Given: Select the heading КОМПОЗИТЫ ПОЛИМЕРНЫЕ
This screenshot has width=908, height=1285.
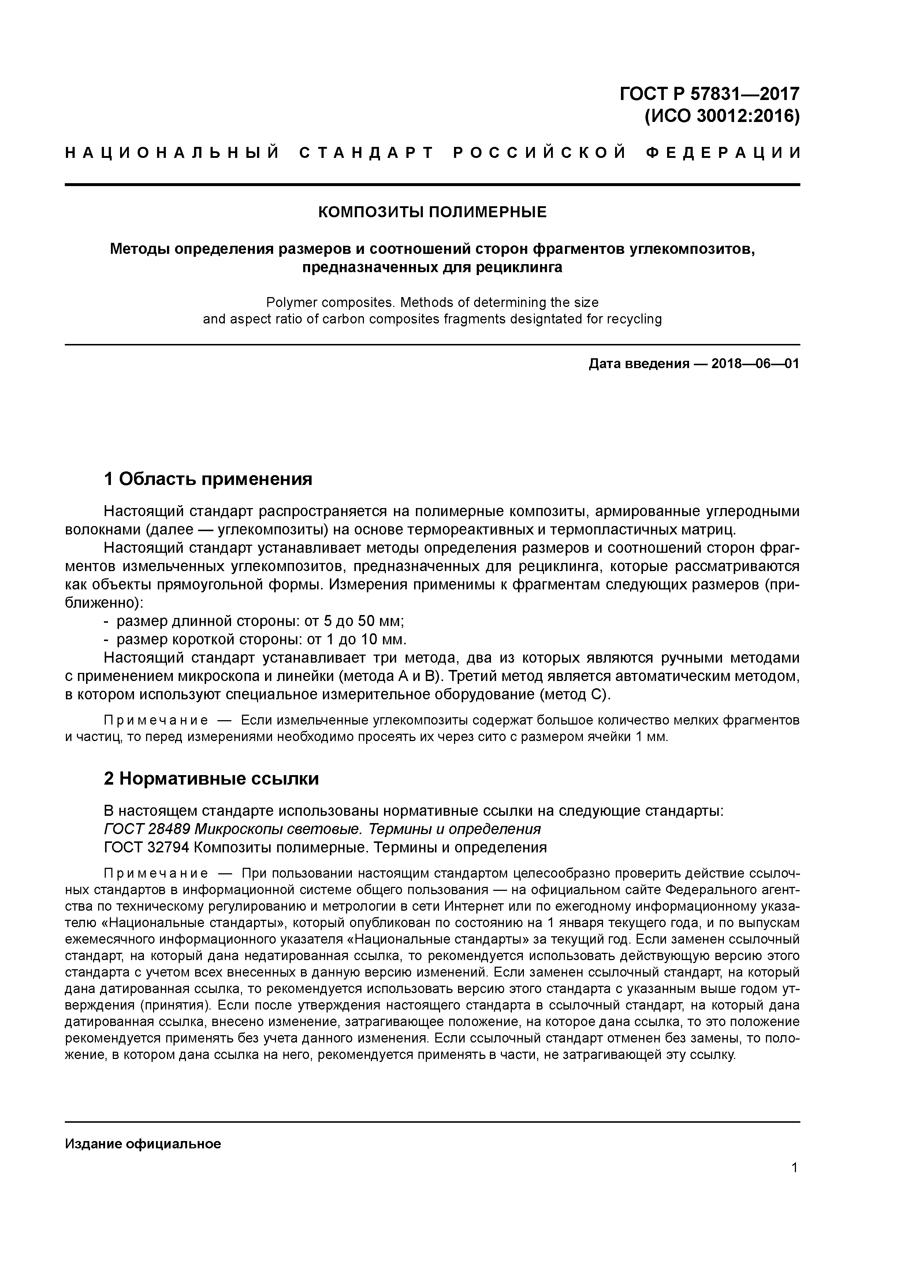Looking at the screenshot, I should pos(432,212).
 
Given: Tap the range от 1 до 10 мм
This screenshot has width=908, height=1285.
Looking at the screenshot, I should pos(356,639).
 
